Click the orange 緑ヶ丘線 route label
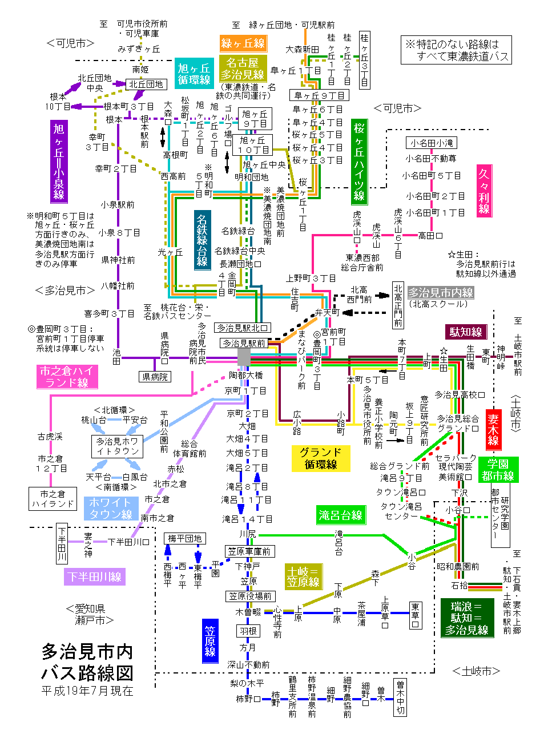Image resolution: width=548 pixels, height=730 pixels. coord(243,43)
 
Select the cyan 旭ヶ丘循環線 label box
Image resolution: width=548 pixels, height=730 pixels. coord(194,74)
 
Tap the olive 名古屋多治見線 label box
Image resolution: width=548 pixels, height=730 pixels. coord(243,68)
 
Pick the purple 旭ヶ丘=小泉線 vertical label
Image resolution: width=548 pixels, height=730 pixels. coord(59,162)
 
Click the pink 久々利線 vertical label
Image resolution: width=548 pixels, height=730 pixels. coord(484,191)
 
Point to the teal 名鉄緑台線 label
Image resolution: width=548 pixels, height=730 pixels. coord(202,240)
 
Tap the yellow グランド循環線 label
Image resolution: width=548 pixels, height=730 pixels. coord(321,458)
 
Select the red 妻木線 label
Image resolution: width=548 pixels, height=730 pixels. coord(493,430)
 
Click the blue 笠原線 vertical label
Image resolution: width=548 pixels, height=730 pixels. coord(210,640)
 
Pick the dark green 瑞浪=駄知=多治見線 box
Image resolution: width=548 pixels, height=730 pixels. coord(467,618)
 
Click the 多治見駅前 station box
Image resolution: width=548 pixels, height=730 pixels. coord(244,343)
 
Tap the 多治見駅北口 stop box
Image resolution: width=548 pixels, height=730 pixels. coord(243,328)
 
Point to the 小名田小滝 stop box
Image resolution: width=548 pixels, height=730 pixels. coord(431,143)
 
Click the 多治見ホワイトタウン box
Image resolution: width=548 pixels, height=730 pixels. coord(117,446)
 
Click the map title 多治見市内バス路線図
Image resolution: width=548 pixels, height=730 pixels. coord(87,662)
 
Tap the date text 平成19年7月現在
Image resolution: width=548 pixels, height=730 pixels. coord(87,691)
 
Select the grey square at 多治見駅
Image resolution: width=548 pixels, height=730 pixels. coord(244,357)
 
